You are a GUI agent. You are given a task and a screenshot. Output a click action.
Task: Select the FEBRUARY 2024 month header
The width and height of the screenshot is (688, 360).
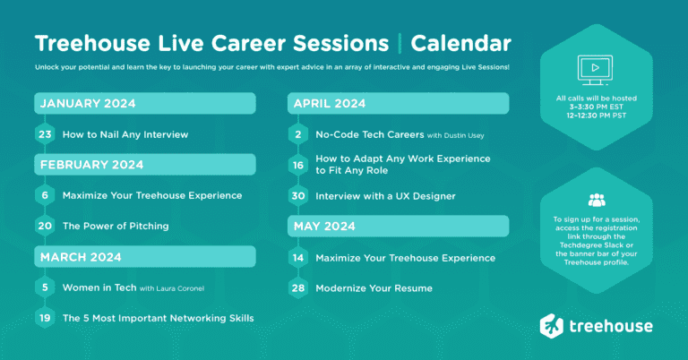(x=90, y=165)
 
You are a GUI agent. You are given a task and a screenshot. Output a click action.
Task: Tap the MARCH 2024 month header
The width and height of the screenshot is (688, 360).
(x=80, y=257)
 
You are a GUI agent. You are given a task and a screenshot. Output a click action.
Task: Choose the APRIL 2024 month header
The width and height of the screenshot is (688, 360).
(x=330, y=104)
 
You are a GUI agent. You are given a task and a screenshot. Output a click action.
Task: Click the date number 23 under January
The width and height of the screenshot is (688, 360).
(x=45, y=134)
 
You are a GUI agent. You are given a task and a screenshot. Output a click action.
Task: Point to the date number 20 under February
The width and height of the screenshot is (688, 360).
(x=45, y=226)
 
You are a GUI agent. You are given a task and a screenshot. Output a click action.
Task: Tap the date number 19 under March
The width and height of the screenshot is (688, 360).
(x=45, y=318)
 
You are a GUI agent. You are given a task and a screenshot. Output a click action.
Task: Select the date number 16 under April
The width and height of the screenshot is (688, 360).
(x=298, y=165)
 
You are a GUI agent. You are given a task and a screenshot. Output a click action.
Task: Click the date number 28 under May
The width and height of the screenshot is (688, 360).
(x=298, y=288)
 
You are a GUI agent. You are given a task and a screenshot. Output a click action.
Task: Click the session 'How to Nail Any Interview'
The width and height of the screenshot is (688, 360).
(x=125, y=134)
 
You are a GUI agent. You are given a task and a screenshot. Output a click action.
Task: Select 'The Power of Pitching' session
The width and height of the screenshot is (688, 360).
(x=116, y=226)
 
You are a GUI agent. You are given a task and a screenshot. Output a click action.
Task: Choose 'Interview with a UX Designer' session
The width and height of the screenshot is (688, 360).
(x=385, y=196)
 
